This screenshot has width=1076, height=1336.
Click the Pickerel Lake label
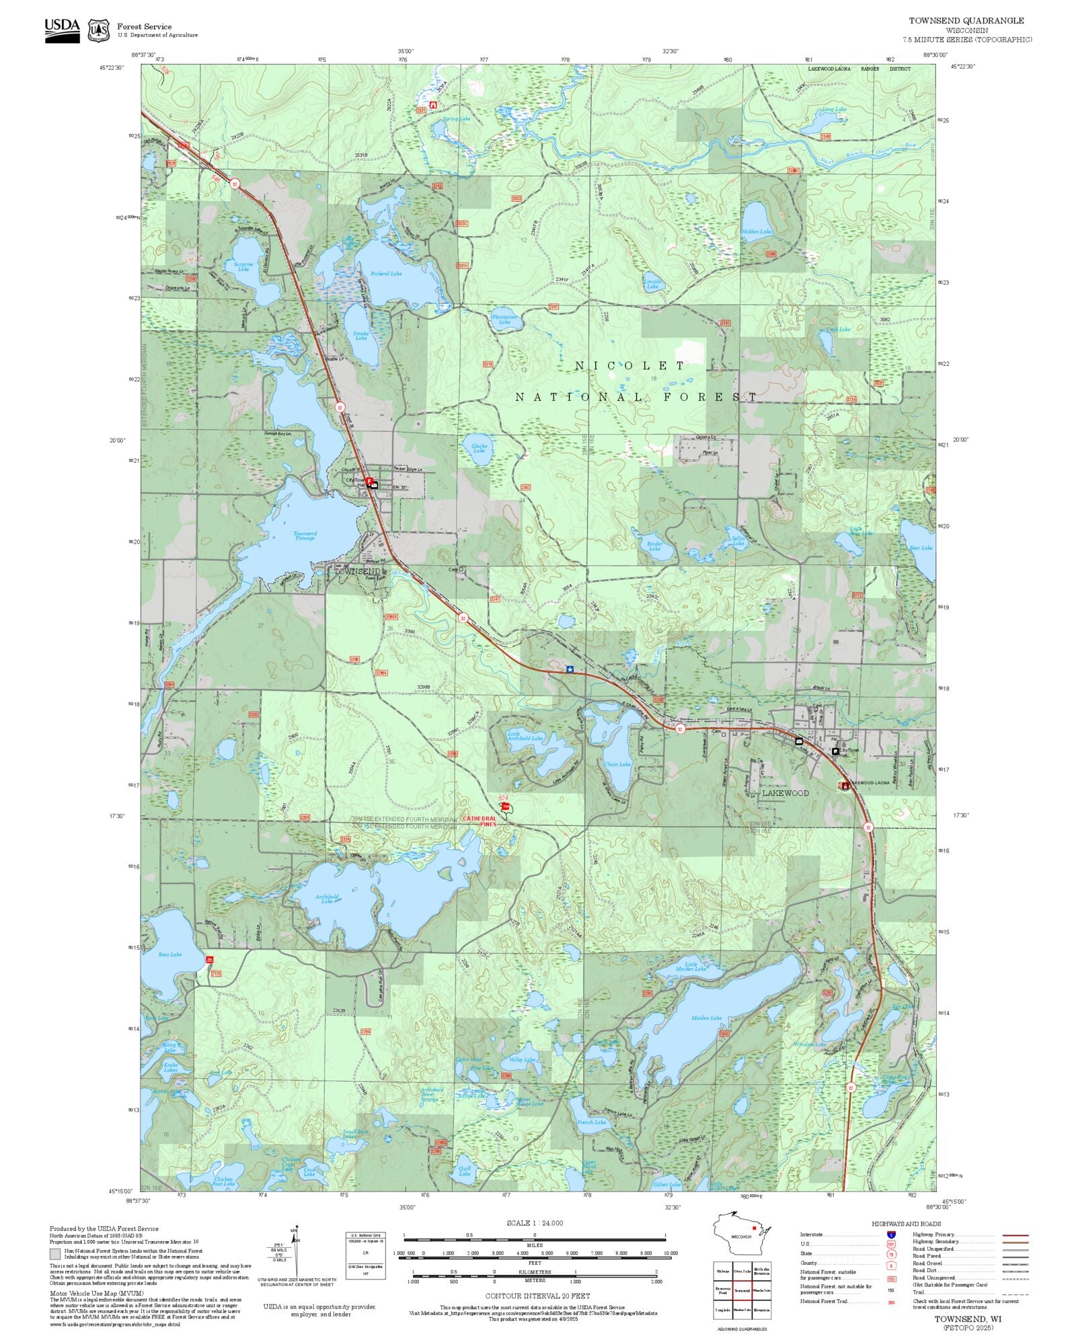(x=386, y=274)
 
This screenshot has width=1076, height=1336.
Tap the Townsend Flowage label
(x=305, y=535)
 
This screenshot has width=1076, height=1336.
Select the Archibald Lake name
(x=327, y=899)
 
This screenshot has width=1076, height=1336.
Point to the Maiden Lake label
(x=706, y=1018)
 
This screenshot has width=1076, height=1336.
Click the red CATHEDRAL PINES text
(x=479, y=821)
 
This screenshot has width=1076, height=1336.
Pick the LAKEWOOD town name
(x=785, y=793)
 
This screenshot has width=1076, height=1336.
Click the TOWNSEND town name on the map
(x=356, y=571)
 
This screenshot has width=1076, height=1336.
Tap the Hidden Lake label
(x=757, y=231)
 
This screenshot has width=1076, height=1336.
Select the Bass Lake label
(x=170, y=954)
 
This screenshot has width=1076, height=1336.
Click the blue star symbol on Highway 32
(x=570, y=669)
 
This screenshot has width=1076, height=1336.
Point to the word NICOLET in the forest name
(x=630, y=366)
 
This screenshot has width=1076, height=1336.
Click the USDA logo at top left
(x=63, y=30)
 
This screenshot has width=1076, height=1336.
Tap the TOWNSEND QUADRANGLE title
(x=966, y=21)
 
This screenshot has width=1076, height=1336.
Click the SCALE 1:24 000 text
(x=535, y=1223)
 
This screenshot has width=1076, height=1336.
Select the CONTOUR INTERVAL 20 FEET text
(x=537, y=1296)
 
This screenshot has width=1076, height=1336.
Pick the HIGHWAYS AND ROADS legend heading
(x=906, y=1224)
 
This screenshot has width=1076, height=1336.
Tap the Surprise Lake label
(x=243, y=266)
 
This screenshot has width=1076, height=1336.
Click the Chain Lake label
(x=617, y=764)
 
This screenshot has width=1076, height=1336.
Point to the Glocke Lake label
(x=479, y=448)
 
